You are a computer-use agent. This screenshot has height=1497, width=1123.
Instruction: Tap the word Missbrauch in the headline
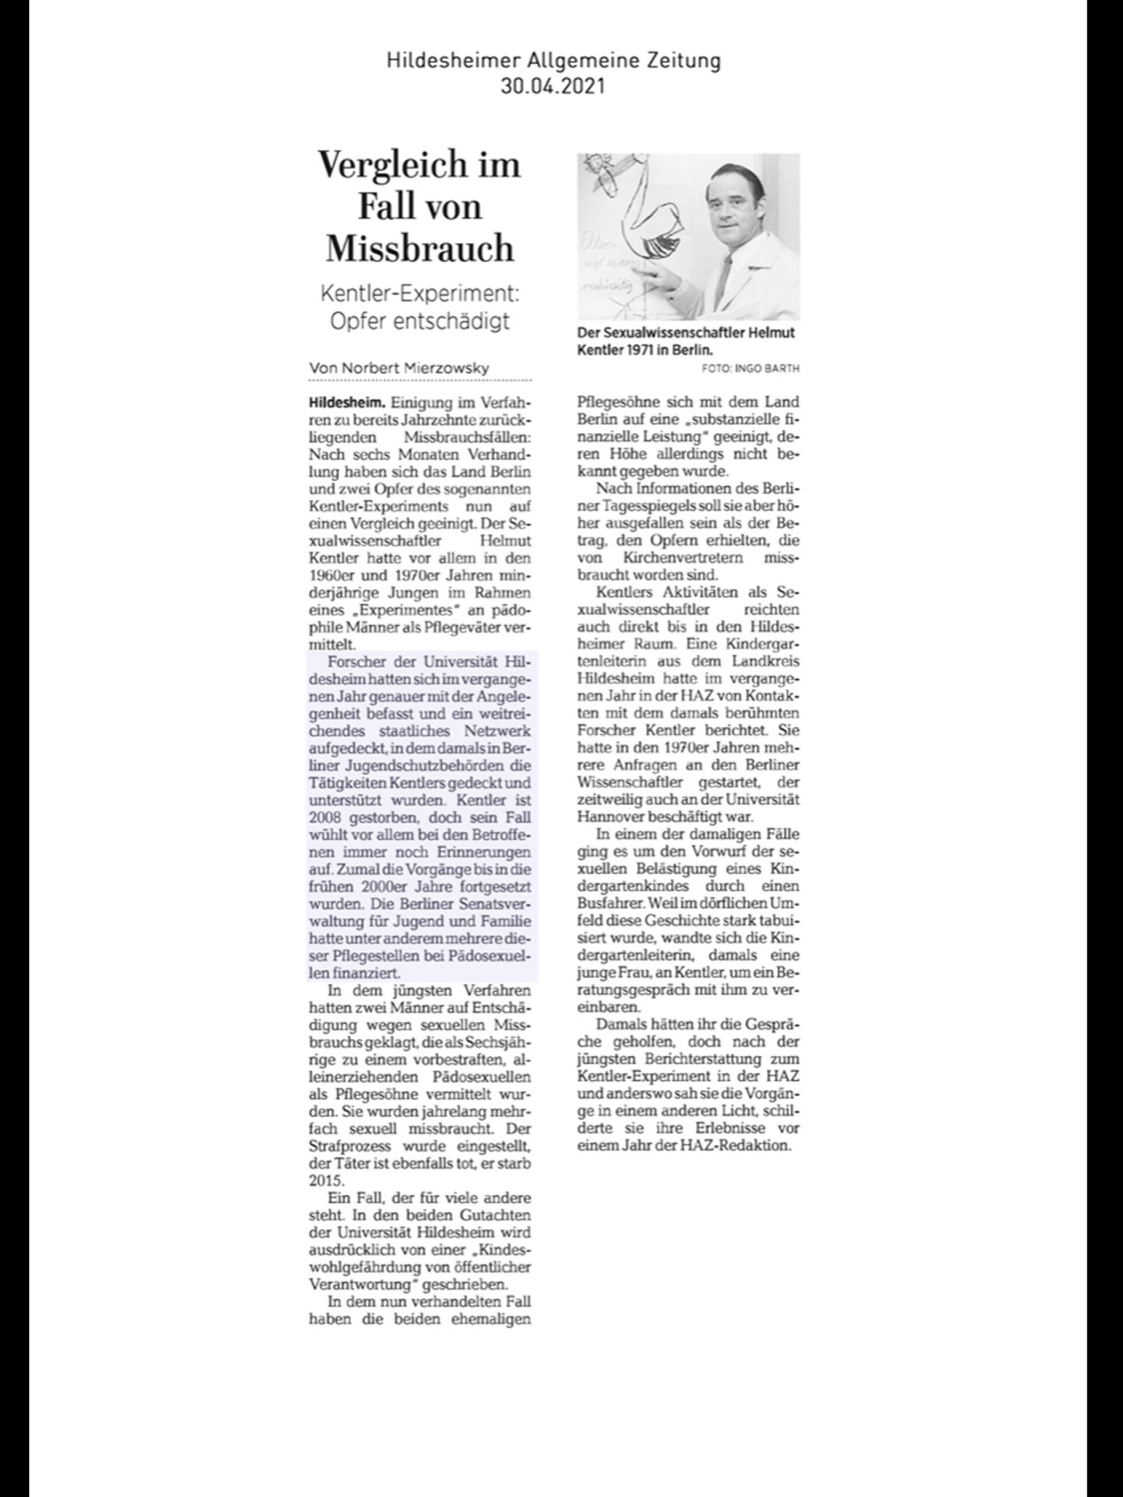(420, 249)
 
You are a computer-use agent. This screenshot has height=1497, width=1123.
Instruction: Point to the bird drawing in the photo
(640, 223)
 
